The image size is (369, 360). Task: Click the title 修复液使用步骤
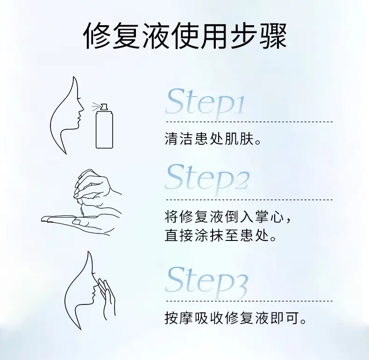184,36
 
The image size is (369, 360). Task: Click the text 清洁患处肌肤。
212,139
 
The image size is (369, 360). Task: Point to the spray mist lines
96,106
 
